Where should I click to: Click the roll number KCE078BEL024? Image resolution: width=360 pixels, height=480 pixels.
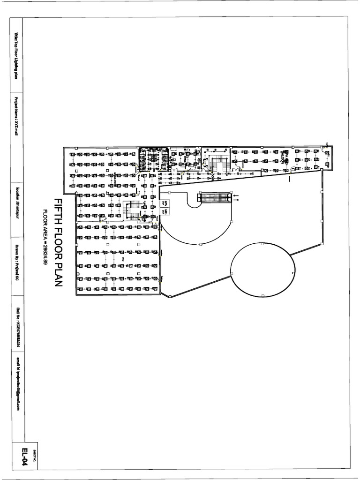point(16,328)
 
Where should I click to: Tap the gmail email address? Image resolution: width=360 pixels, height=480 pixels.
point(16,384)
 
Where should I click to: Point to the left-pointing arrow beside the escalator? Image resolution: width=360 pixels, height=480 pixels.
point(236,195)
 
